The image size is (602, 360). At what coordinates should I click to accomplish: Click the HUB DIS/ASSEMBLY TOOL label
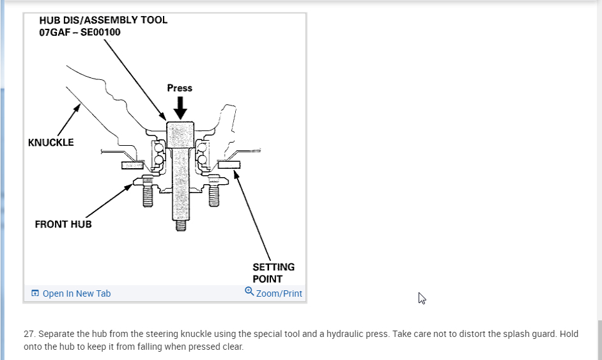coord(103,20)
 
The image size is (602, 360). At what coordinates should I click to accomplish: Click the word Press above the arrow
coord(180,88)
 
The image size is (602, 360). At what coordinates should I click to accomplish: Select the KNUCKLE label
coord(51,142)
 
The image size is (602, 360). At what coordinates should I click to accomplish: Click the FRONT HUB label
coord(63,224)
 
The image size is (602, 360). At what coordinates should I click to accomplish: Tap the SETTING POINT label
coord(274,272)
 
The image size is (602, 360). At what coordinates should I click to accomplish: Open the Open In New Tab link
coord(77,293)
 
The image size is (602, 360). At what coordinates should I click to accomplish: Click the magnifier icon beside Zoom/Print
coord(249,292)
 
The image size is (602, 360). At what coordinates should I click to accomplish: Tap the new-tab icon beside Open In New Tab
coord(35,293)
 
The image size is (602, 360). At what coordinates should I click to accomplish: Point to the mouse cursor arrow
coord(422,298)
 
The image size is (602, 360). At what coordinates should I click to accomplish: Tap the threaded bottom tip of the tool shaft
coord(180,225)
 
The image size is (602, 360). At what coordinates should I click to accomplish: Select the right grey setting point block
coord(228,164)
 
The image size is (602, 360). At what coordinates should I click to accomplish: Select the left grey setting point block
coord(132,165)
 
